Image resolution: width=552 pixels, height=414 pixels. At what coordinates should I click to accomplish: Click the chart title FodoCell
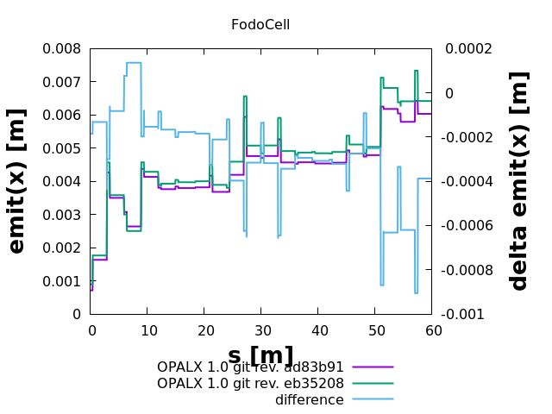tap(260, 24)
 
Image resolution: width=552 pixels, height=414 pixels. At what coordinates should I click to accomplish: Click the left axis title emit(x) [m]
tap(17, 182)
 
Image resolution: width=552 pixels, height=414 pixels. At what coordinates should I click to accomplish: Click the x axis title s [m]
tap(260, 355)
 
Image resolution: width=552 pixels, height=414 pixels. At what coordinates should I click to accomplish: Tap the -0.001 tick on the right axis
tap(464, 314)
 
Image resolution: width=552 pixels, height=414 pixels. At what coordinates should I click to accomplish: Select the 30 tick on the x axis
tap(262, 329)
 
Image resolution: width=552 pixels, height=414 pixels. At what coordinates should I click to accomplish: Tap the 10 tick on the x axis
tap(148, 329)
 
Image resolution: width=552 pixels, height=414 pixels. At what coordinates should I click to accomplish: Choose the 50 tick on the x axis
tap(376, 329)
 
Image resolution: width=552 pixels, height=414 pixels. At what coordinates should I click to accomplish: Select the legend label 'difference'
tap(310, 400)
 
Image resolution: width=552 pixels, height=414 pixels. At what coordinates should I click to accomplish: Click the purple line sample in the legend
tap(372, 367)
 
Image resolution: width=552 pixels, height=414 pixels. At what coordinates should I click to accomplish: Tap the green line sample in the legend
tap(372, 383)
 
